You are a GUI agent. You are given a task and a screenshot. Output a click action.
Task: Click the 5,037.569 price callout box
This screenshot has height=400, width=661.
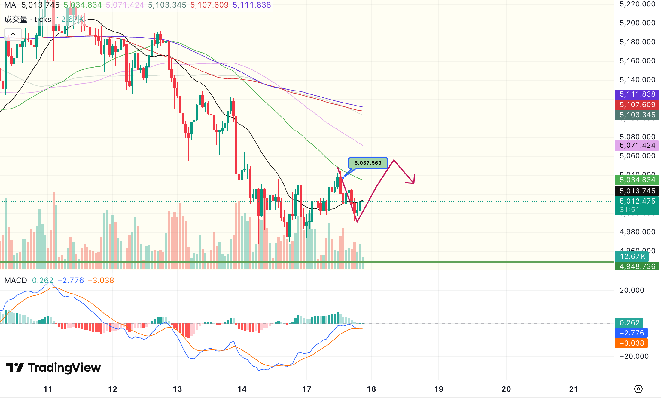click(x=368, y=163)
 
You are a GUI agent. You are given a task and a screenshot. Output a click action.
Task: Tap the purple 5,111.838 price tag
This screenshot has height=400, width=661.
click(x=637, y=94)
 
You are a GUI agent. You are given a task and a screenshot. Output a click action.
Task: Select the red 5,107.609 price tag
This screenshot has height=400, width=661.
click(x=637, y=105)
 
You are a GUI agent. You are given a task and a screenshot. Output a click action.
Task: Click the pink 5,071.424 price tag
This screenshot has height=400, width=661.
click(x=637, y=145)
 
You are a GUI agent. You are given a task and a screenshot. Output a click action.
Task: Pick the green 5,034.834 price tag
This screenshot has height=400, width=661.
click(x=637, y=180)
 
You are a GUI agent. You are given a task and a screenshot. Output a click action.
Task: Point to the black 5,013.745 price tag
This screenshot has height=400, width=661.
click(x=637, y=191)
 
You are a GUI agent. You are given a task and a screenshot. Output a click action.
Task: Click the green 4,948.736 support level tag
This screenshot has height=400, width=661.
click(x=637, y=266)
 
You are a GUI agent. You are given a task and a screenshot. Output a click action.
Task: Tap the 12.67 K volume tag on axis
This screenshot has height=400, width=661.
click(x=632, y=257)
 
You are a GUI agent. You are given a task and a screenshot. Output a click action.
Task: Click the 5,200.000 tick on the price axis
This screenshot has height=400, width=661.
click(x=637, y=23)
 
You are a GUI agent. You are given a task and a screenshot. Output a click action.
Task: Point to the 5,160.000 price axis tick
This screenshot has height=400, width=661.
click(x=637, y=61)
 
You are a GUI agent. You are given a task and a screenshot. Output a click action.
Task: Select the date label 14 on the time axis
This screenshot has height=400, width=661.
click(x=242, y=389)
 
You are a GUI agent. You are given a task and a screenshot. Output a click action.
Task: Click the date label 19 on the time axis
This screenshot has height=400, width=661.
click(x=439, y=389)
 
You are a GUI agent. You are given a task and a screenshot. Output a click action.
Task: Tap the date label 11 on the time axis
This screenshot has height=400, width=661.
click(x=48, y=389)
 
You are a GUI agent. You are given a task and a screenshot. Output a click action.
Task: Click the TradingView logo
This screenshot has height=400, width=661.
click(x=53, y=368)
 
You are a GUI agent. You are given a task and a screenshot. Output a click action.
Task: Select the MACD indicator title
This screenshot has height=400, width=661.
click(x=16, y=280)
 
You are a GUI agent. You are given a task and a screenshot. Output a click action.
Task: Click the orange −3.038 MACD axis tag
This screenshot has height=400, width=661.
click(x=631, y=343)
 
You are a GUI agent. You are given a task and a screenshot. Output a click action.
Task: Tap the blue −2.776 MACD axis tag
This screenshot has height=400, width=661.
click(x=631, y=333)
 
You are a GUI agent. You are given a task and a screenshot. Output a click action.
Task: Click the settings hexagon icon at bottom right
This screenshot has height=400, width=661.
click(x=638, y=389)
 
